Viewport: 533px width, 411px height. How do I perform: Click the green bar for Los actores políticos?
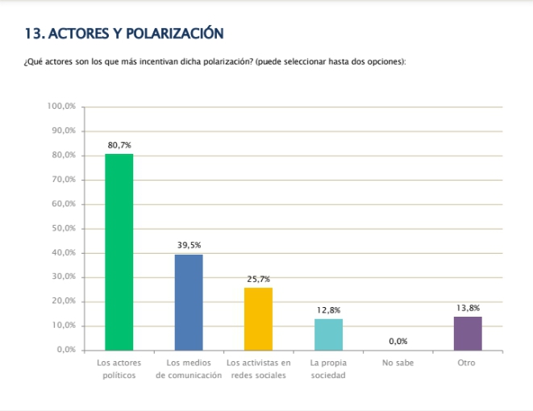(x=119, y=251)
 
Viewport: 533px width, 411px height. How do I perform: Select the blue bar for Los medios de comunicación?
(x=189, y=302)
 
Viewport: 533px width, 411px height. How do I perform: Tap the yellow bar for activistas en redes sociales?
(x=258, y=319)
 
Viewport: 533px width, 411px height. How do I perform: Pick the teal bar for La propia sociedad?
(x=328, y=334)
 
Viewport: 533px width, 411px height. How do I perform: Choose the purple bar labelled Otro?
(x=468, y=334)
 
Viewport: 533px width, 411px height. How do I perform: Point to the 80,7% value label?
(x=119, y=145)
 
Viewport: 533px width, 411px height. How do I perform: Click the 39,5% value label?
(x=189, y=245)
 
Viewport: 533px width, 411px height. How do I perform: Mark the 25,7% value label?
(x=258, y=279)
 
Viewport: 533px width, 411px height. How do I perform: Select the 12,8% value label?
(x=328, y=310)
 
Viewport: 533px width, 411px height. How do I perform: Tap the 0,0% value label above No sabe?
(x=398, y=342)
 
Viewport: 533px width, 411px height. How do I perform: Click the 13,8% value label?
(x=468, y=308)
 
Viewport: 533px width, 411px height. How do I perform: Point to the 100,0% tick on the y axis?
(x=61, y=106)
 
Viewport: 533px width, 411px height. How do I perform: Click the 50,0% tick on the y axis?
(x=64, y=228)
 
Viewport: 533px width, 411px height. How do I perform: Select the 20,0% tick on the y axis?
(x=64, y=301)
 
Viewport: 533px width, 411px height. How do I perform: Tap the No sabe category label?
(x=398, y=363)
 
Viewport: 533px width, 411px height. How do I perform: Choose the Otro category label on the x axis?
(x=468, y=363)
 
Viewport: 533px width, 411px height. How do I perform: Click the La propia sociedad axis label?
(x=328, y=370)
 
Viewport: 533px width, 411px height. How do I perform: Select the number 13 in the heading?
(x=33, y=33)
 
